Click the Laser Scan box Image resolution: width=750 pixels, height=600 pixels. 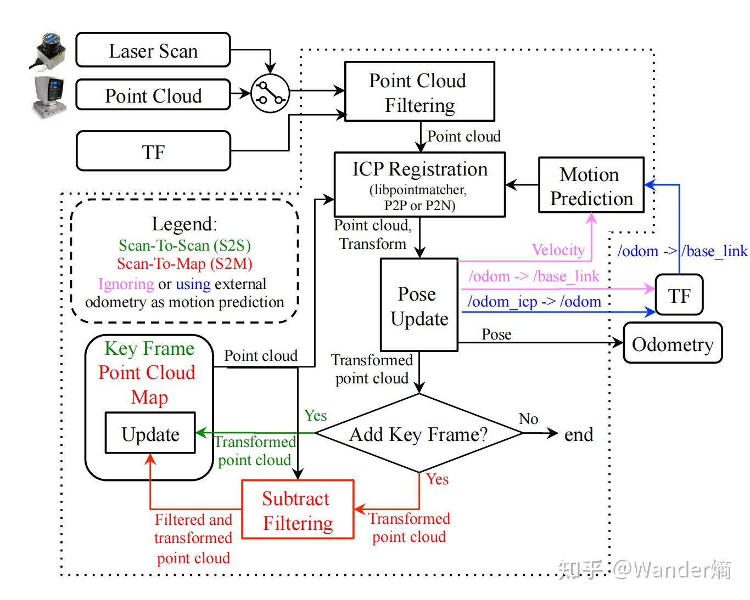click(153, 50)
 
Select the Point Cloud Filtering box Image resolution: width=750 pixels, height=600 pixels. click(419, 92)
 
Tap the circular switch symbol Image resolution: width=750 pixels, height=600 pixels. click(270, 93)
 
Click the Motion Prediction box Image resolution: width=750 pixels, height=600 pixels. click(591, 185)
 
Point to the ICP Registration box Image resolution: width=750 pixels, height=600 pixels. click(419, 185)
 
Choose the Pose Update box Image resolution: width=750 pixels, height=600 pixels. click(419, 305)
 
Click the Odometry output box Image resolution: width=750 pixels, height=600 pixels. click(673, 343)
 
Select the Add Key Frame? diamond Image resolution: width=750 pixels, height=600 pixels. click(419, 433)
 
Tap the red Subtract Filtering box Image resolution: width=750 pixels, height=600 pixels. click(298, 510)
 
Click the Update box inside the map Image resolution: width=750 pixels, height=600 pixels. click(150, 433)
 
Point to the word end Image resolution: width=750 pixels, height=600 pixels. click(579, 434)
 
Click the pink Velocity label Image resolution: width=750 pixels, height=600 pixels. click(558, 250)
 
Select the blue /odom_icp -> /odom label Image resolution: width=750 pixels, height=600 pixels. click(534, 302)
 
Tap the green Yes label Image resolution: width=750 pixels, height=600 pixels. click(315, 415)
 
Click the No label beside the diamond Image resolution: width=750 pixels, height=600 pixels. click(528, 418)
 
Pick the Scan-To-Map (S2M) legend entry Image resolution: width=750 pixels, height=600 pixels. click(184, 264)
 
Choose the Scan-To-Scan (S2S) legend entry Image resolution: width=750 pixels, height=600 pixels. click(184, 246)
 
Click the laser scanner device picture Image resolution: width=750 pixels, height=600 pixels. click(48, 52)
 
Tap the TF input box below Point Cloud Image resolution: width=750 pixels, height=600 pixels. click(153, 151)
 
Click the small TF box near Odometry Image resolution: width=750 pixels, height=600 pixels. click(679, 295)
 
